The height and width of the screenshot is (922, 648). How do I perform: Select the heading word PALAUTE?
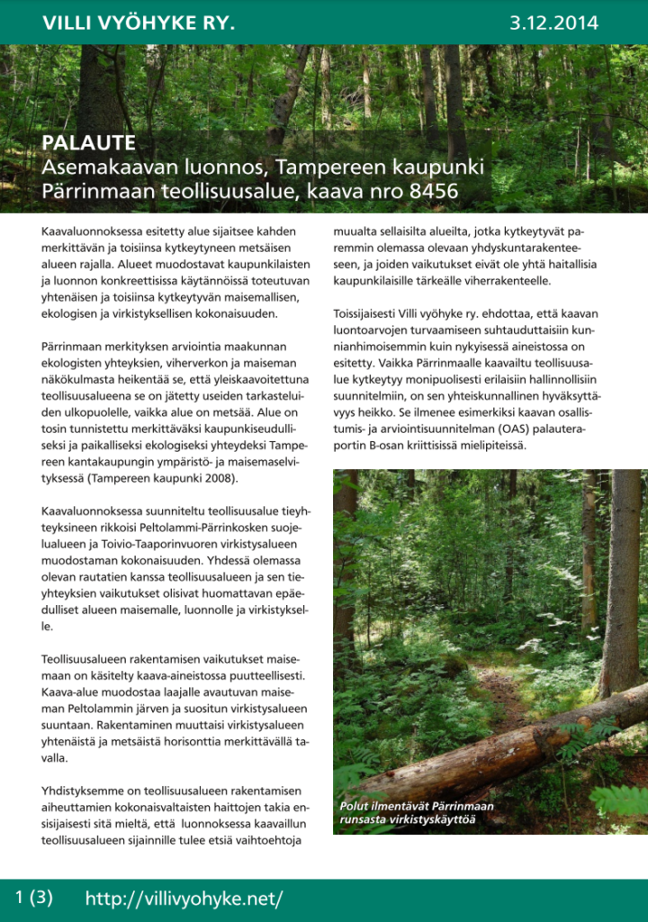(x=88, y=143)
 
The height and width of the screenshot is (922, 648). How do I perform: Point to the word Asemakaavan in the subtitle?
(x=99, y=167)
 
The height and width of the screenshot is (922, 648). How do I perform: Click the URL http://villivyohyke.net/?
(x=184, y=898)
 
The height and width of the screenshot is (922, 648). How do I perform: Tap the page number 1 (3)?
(x=34, y=897)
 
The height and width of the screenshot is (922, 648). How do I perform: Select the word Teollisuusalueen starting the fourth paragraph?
(x=87, y=658)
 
